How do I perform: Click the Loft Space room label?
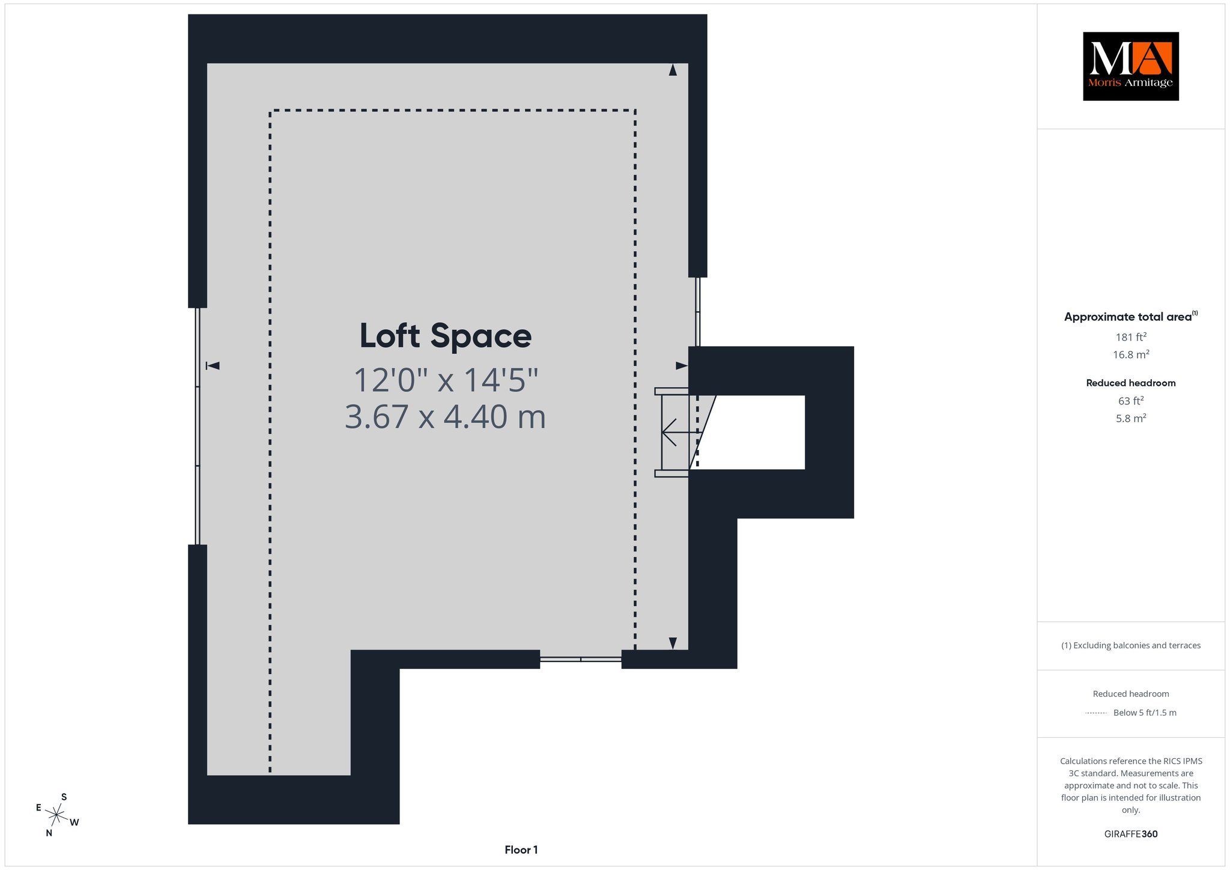click(x=445, y=336)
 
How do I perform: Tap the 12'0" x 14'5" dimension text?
click(x=446, y=380)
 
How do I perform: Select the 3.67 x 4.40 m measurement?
click(x=445, y=416)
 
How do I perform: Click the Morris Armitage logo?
click(x=1130, y=66)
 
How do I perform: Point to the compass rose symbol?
click(x=56, y=815)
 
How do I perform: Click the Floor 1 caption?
click(x=521, y=850)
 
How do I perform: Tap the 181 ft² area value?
click(x=1131, y=337)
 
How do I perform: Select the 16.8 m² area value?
click(x=1131, y=354)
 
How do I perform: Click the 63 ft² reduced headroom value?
click(x=1131, y=401)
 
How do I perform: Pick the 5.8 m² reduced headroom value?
click(x=1131, y=418)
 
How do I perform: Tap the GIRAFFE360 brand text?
click(x=1131, y=834)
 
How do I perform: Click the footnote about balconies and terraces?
click(x=1131, y=645)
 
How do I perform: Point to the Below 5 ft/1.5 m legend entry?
click(x=1145, y=713)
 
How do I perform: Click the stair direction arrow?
click(x=681, y=432)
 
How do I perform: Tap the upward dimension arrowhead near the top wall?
click(x=673, y=70)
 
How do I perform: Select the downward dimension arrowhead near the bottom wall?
click(x=673, y=643)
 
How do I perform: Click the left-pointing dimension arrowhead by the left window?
click(x=213, y=365)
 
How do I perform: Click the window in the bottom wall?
click(x=580, y=659)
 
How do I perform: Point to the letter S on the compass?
click(x=64, y=797)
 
